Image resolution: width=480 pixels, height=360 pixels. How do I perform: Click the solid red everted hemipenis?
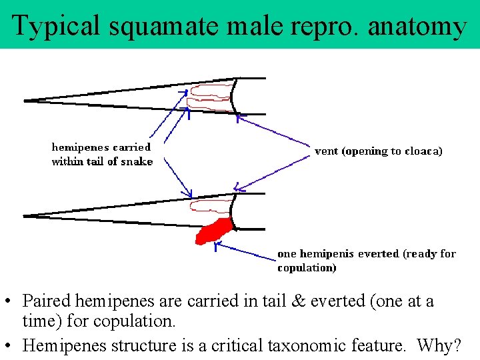(x=213, y=231)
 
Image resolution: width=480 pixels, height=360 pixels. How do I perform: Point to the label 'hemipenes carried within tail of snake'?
(x=102, y=154)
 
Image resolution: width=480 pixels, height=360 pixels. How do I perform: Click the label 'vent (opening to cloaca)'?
(x=378, y=151)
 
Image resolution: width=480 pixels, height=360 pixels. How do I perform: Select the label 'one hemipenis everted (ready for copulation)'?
(x=366, y=260)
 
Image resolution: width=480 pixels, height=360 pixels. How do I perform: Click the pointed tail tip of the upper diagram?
(x=26, y=101)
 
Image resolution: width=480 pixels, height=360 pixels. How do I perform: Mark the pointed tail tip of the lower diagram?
(x=25, y=215)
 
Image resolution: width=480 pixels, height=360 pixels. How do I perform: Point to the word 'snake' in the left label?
(x=138, y=161)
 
